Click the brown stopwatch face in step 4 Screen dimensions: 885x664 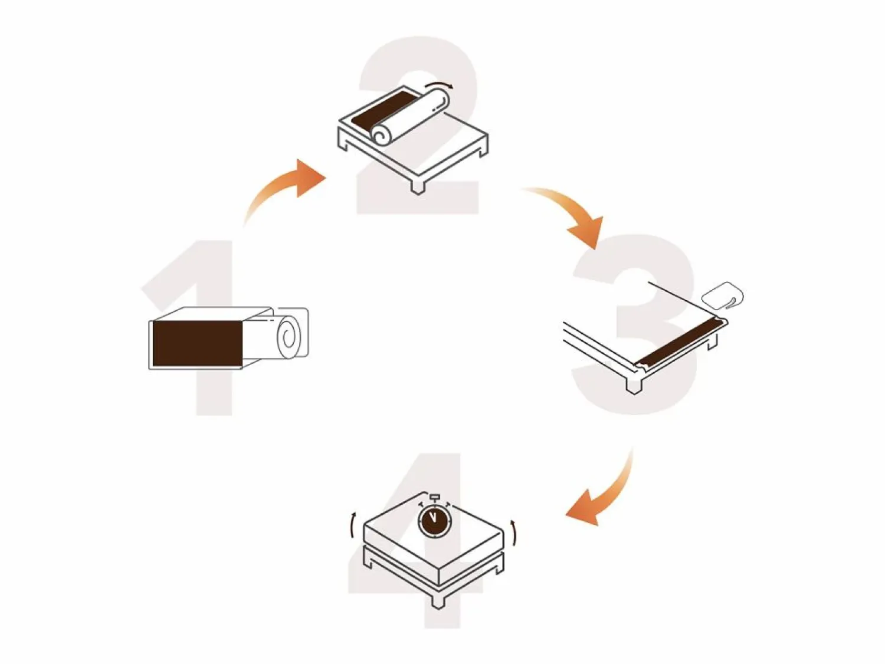[434, 520]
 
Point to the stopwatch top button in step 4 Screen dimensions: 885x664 [434, 496]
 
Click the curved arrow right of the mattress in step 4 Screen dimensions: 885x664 [513, 532]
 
